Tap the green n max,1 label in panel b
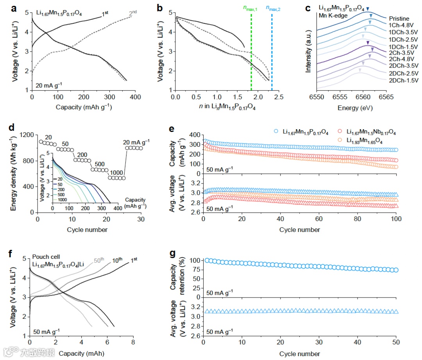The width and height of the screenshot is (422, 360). click(x=252, y=7)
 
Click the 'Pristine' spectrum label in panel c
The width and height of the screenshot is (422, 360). click(x=399, y=18)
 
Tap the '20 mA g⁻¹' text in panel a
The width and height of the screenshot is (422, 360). click(x=49, y=84)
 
